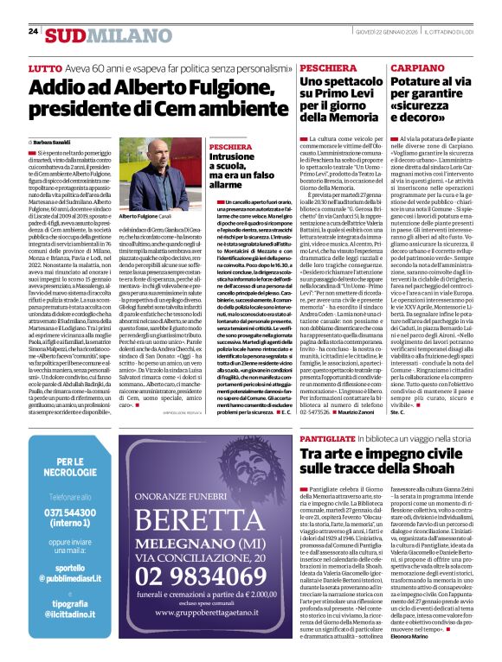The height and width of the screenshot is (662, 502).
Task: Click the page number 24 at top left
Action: [x=33, y=31]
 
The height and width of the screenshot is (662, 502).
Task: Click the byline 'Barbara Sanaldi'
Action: [x=55, y=142]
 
